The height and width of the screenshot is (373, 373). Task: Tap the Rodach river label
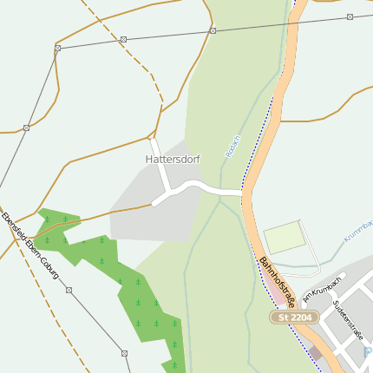(232, 143)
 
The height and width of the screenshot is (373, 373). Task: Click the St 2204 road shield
(294, 318)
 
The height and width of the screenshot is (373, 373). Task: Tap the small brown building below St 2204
(315, 353)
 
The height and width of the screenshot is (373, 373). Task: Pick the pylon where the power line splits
(57, 48)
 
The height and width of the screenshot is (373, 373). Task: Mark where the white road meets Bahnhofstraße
(243, 189)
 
